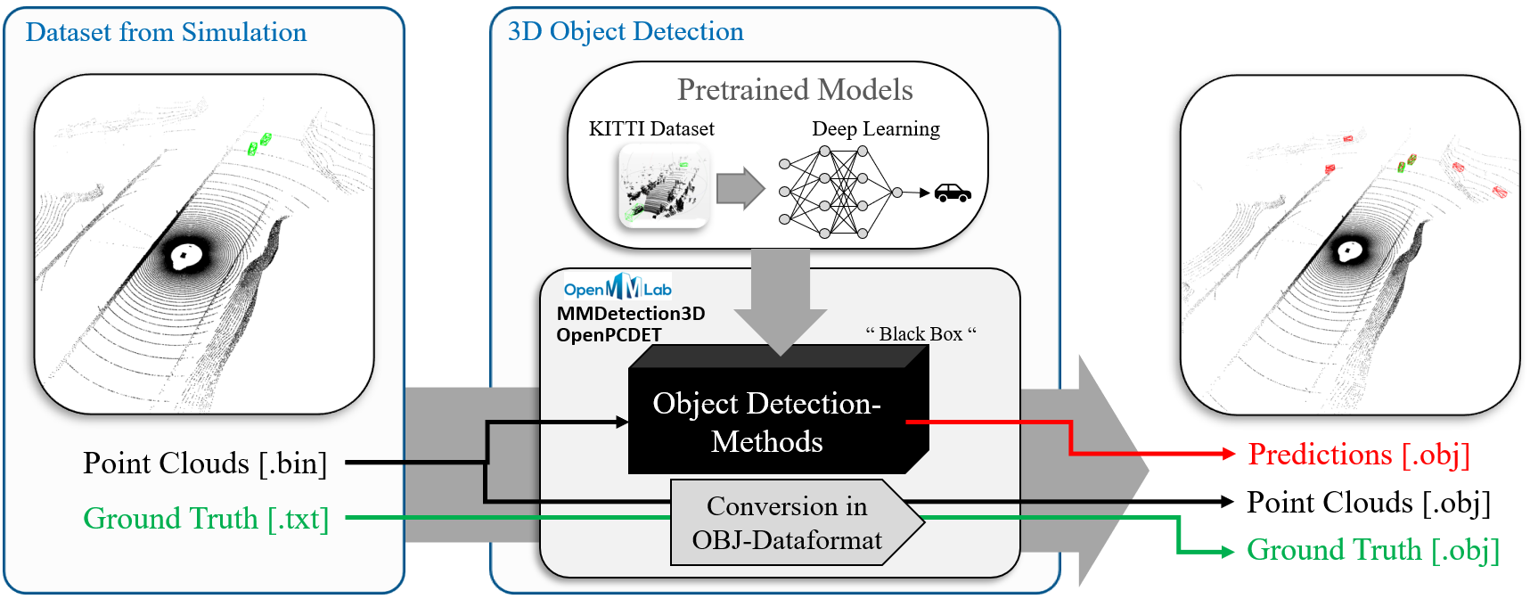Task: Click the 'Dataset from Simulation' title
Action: (166, 33)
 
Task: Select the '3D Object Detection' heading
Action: (626, 32)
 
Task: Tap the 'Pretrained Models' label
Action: (795, 90)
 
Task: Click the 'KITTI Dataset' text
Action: (651, 129)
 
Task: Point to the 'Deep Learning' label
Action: (875, 129)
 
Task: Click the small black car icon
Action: (953, 193)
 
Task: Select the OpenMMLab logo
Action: (618, 288)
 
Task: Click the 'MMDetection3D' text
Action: (631, 314)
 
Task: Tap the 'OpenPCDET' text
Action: (610, 335)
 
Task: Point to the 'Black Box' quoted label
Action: (920, 334)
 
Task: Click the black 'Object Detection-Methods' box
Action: (766, 423)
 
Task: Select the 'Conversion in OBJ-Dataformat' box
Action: (787, 523)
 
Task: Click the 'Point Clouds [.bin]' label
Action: (205, 464)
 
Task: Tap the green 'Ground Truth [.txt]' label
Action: (206, 519)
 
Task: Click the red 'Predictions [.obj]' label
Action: (1358, 455)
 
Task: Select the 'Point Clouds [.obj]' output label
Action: (1368, 503)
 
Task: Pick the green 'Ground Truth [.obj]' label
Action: (1372, 550)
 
